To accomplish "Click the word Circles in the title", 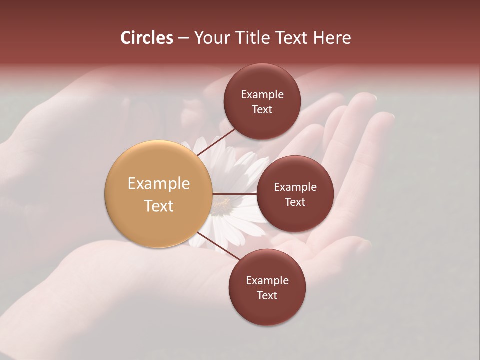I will (x=146, y=38).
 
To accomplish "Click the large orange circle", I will (x=158, y=194).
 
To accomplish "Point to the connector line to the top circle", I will (x=216, y=142).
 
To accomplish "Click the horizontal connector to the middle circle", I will (x=234, y=194).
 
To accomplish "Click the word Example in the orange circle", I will (x=158, y=184).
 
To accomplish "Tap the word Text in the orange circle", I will (x=158, y=206).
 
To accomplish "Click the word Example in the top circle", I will (x=262, y=95).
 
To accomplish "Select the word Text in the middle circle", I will (x=295, y=202).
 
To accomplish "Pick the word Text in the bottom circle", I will (x=267, y=295).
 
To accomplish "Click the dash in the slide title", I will (x=183, y=38).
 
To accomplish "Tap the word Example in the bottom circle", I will (x=267, y=280).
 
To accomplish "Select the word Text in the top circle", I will (x=262, y=109).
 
